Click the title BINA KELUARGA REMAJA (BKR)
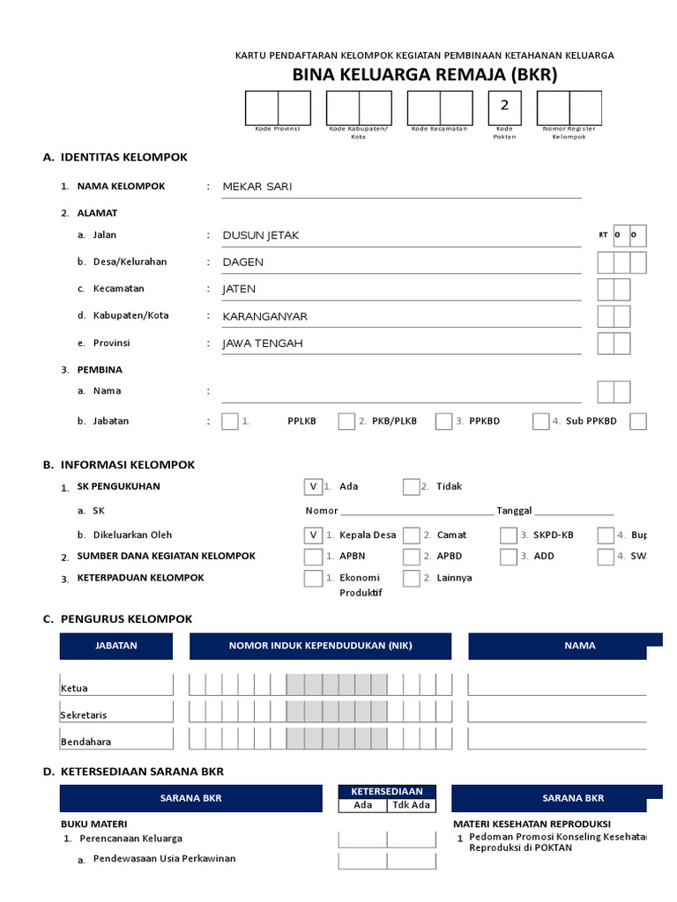coord(425,76)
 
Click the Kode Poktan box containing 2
coord(504,107)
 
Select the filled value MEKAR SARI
coord(257,187)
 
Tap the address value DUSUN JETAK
coord(261,235)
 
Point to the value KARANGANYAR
coord(265,315)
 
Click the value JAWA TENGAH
coord(263,343)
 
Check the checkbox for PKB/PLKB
coord(346,421)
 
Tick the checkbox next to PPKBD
coord(443,421)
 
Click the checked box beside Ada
coord(312,486)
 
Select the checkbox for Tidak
coord(411,486)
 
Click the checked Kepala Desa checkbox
coord(312,535)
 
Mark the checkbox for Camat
coord(411,535)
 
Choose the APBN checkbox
coord(312,557)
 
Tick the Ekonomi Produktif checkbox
coord(312,579)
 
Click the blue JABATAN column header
coord(116,646)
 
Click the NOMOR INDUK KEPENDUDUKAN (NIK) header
coord(320,646)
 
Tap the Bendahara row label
coord(86,742)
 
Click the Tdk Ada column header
coord(412,805)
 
